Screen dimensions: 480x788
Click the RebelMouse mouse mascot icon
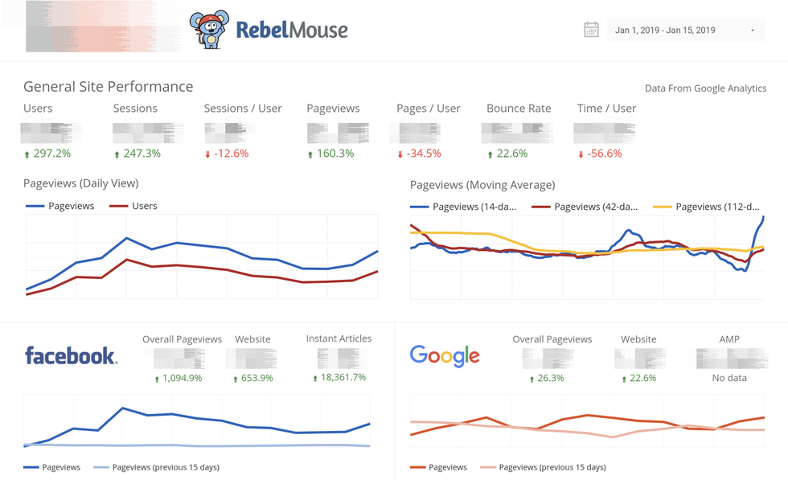[x=209, y=30]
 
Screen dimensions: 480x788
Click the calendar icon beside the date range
[x=591, y=30]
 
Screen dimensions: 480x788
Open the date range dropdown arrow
[x=753, y=31]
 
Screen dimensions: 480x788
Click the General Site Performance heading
[x=108, y=87]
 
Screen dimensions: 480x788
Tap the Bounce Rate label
[x=518, y=109]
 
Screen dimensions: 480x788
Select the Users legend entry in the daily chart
[x=144, y=206]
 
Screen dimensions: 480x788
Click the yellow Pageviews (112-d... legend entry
[x=716, y=207]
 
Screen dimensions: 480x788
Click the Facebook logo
[x=71, y=355]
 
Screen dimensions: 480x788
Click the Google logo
[x=445, y=355]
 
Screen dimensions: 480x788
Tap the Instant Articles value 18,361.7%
[x=343, y=377]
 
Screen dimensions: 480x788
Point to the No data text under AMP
[x=729, y=378]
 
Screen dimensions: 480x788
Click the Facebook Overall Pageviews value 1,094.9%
[x=181, y=378]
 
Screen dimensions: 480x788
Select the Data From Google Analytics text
[x=705, y=88]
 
